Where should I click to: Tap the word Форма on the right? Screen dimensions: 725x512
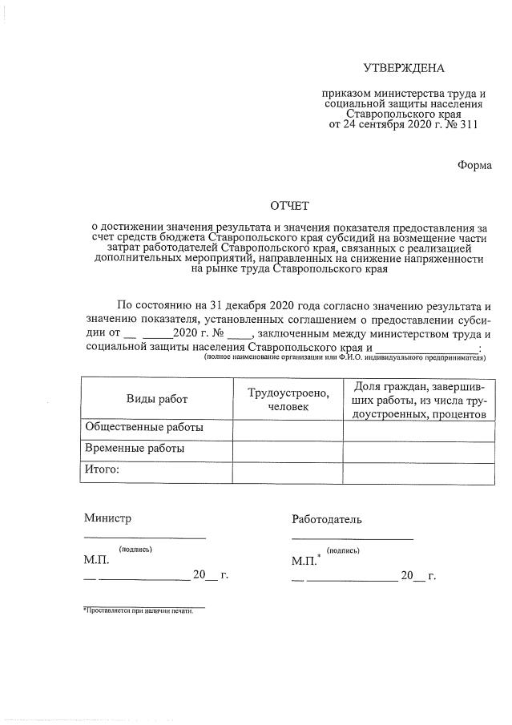point(474,165)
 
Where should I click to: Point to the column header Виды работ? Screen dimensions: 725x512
point(156,398)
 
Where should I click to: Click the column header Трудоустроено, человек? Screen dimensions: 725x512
point(287,400)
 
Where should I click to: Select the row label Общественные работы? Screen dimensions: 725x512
point(144,428)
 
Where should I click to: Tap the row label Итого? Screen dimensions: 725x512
point(102,469)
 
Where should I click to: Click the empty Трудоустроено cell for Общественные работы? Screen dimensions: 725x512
point(287,429)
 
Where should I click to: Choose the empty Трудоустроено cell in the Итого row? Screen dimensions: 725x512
point(287,471)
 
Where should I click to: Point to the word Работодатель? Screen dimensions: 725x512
point(327,519)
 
